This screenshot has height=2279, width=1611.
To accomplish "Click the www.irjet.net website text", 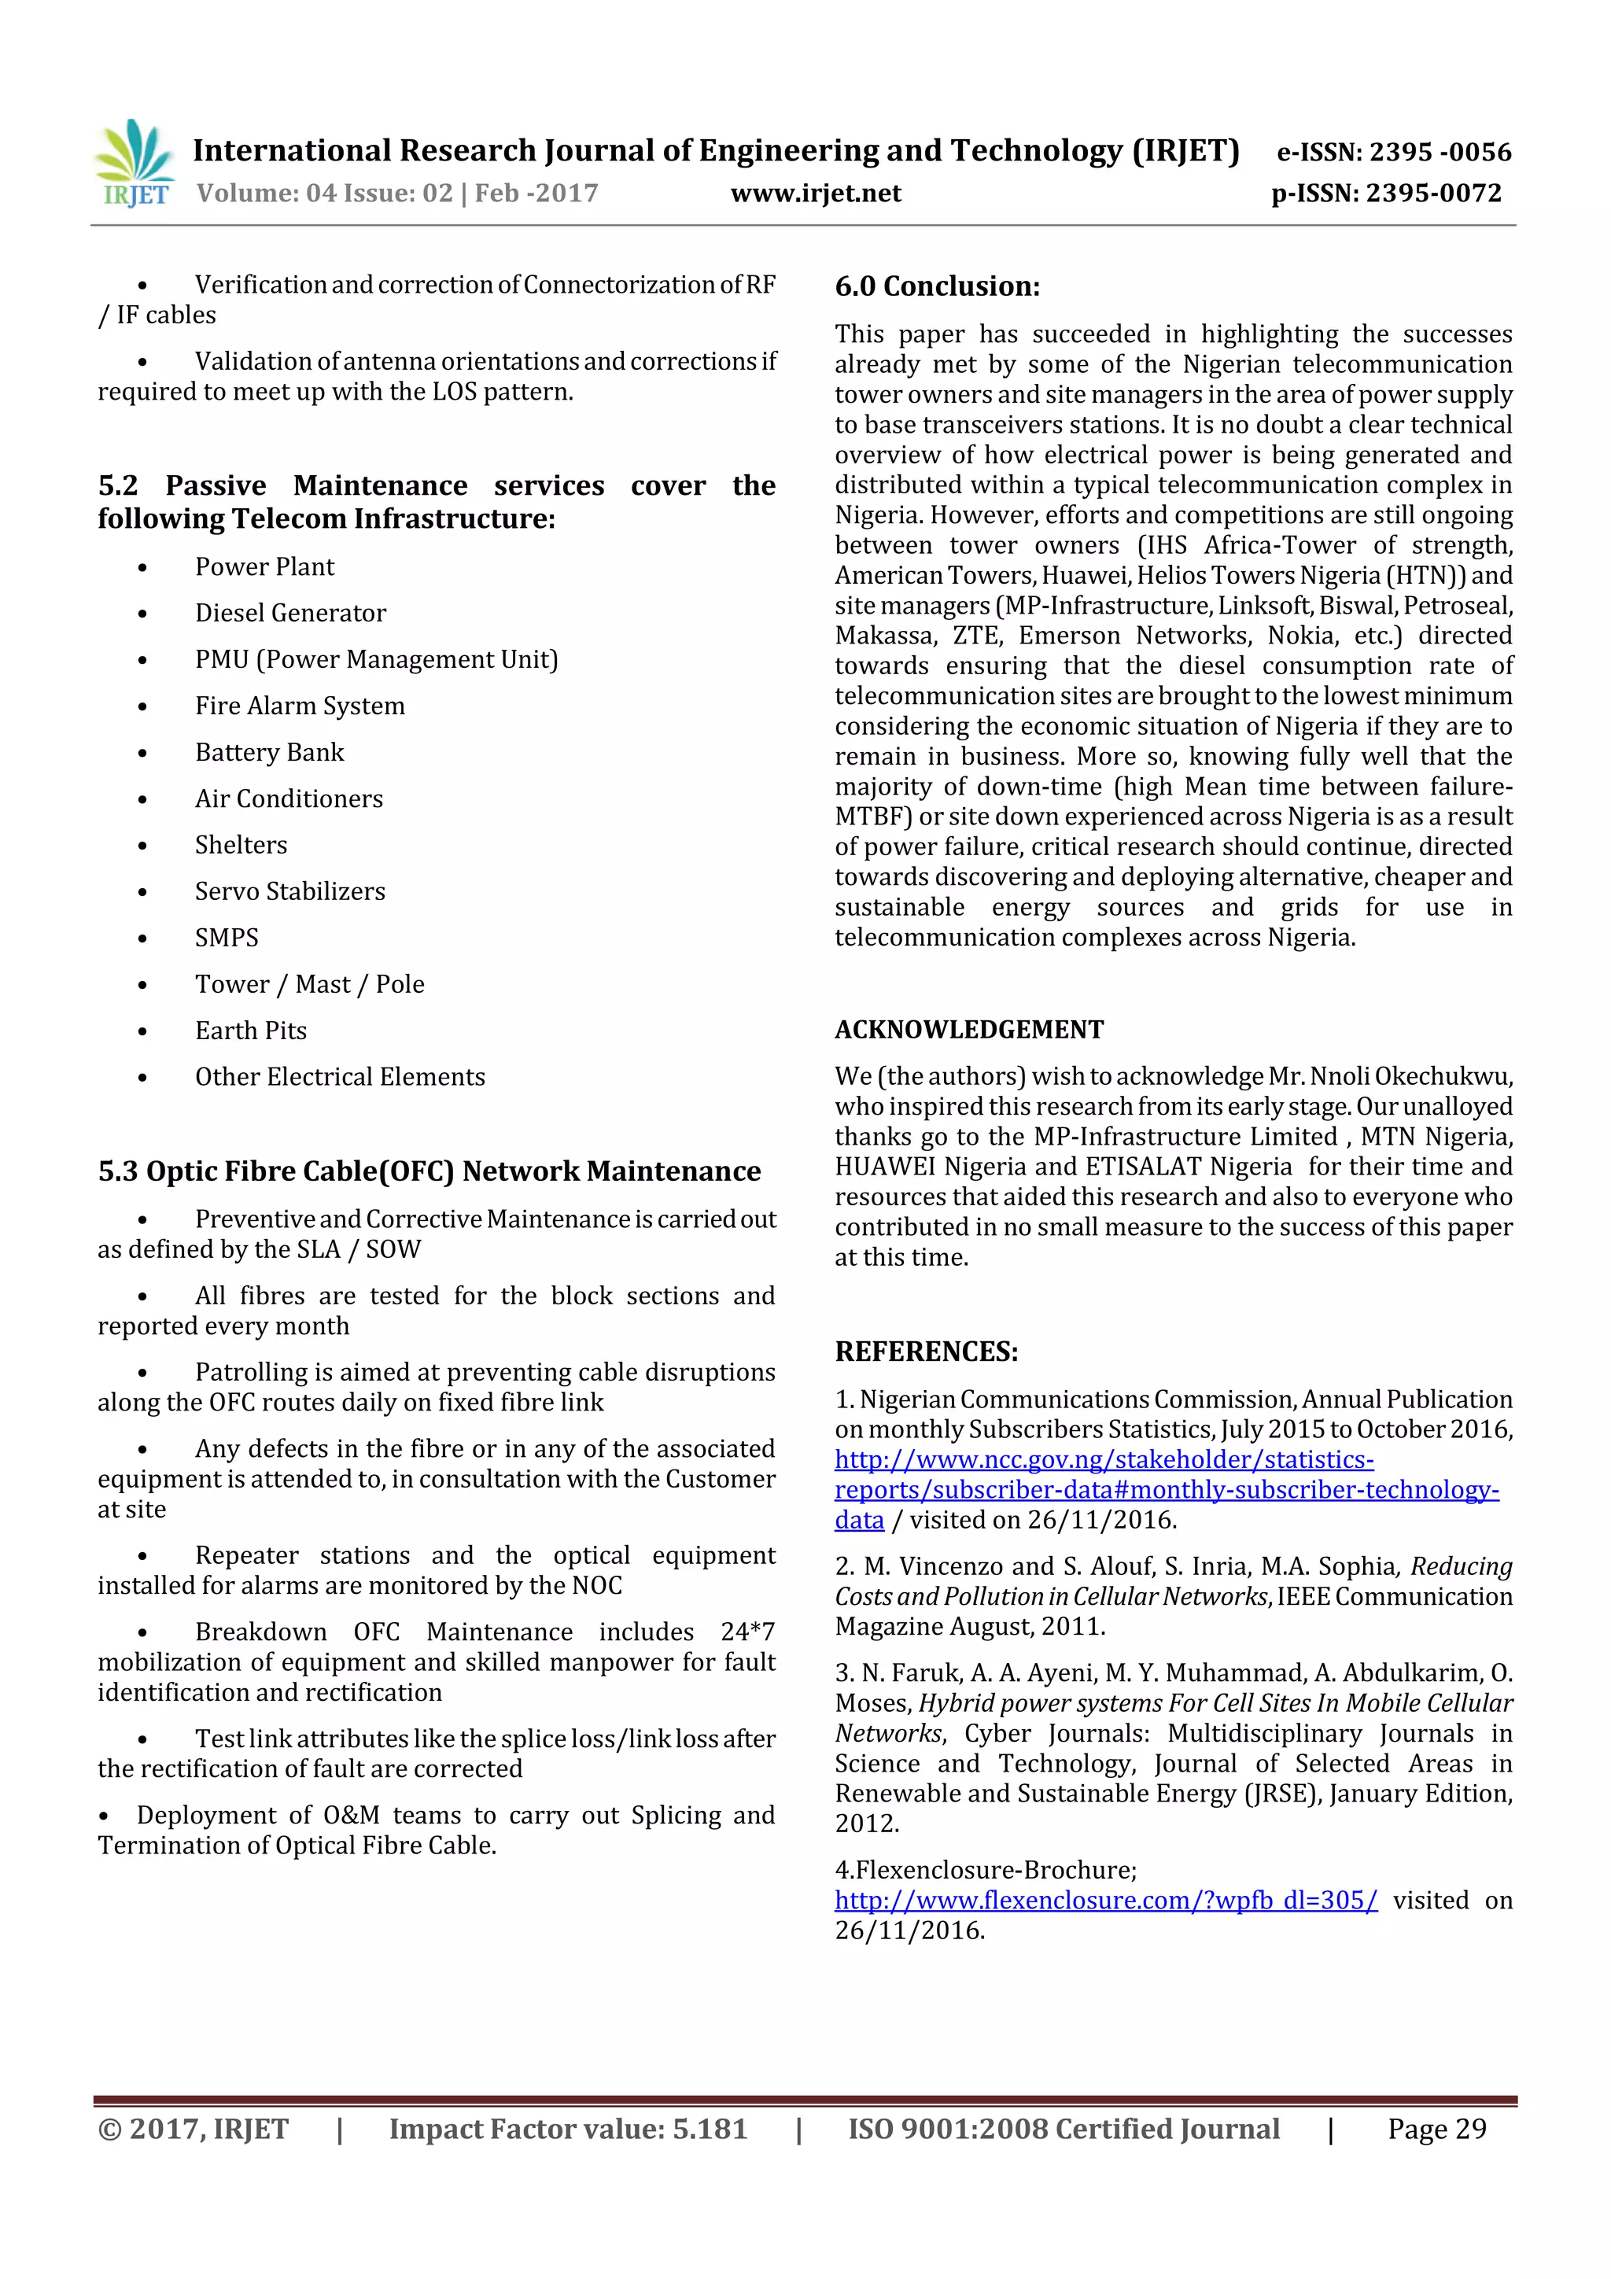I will pyautogui.click(x=815, y=193).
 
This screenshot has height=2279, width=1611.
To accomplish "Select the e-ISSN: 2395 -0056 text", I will pyautogui.click(x=1392, y=152).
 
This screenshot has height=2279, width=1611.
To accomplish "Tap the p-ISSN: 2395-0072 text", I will pyautogui.click(x=1386, y=193).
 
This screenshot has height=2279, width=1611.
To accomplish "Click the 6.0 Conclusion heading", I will pyautogui.click(x=937, y=287).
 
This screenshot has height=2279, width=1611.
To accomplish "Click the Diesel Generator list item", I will pyautogui.click(x=289, y=614).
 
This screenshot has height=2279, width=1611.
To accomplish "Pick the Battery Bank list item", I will pyautogui.click(x=269, y=752).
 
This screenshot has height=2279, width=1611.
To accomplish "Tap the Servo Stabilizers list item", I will pyautogui.click(x=289, y=891).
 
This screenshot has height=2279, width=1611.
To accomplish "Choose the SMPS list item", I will pyautogui.click(x=227, y=938).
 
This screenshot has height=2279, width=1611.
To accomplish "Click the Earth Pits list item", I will pyautogui.click(x=250, y=1031).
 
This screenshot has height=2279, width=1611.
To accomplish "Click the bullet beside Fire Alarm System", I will pyautogui.click(x=143, y=706).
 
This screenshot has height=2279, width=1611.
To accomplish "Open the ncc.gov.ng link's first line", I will pyautogui.click(x=1103, y=1459).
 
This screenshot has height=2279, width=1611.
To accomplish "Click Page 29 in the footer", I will pyautogui.click(x=1436, y=2129).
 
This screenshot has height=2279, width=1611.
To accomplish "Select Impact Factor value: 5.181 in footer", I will pyautogui.click(x=567, y=2129).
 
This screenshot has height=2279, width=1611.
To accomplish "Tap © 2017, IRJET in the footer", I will pyautogui.click(x=194, y=2129).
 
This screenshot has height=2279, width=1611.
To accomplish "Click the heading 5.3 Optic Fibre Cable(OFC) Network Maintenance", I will pyautogui.click(x=429, y=1171).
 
